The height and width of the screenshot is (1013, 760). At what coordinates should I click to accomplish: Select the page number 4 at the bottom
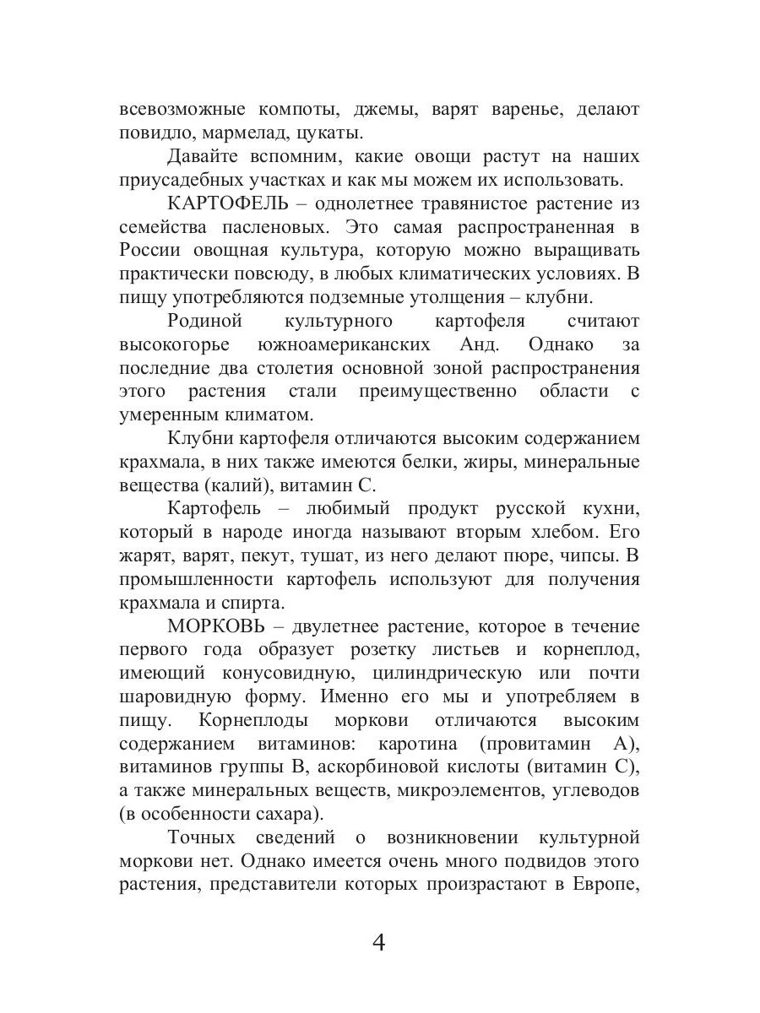[x=379, y=941]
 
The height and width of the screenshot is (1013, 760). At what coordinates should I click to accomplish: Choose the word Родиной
[x=205, y=321]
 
